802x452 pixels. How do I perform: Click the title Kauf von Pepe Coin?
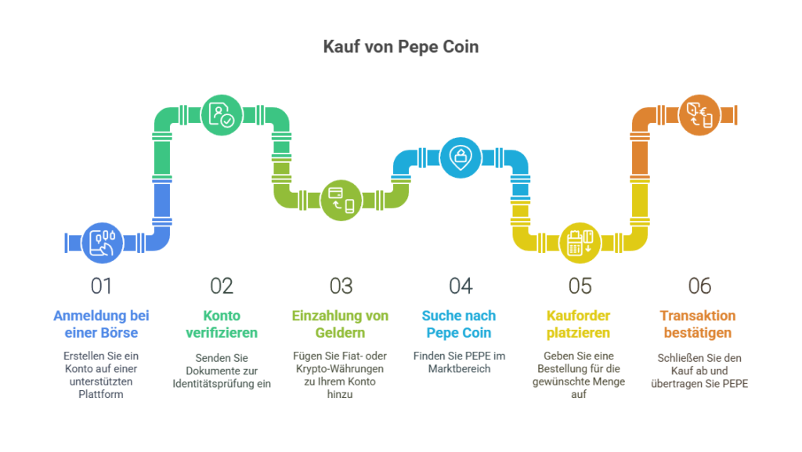401,46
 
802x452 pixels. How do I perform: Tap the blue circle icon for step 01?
103,243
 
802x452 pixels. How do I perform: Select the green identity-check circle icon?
222,115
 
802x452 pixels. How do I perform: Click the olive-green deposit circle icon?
341,201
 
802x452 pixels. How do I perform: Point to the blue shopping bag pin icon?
461,157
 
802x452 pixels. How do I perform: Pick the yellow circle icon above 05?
580,243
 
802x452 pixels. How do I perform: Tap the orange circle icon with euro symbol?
699,115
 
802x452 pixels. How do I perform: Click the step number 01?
101,287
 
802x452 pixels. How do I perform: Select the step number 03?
341,287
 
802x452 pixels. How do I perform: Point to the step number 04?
461,287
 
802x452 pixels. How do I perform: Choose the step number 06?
699,287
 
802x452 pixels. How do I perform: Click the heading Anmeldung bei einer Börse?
101,324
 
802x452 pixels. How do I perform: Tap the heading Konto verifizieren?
222,324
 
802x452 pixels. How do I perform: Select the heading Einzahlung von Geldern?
340,324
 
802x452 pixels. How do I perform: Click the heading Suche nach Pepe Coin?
459,324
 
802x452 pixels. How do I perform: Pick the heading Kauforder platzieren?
579,324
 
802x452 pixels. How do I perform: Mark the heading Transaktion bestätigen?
698,324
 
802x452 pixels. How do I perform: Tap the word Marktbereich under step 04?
459,369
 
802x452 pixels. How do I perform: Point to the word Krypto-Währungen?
340,369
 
